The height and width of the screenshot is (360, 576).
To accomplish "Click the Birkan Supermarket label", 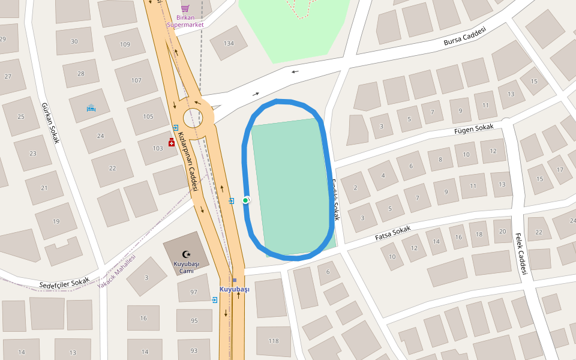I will coord(185,21).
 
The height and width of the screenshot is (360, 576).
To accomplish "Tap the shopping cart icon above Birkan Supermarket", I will coord(185,8).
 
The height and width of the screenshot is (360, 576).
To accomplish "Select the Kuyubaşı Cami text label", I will coord(186,267).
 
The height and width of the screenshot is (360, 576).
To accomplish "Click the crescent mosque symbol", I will coord(186,254).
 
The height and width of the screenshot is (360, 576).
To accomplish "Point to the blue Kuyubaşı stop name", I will coord(234,289).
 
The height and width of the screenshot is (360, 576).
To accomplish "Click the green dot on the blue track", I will coord(245,200).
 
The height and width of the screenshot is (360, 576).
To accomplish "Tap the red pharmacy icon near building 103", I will coord(172,142).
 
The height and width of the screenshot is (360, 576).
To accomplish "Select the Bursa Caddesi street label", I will coord(464,37).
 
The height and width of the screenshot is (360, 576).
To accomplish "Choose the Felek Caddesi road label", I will coord(520,254).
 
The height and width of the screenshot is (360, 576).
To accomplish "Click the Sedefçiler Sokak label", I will coord(64,281).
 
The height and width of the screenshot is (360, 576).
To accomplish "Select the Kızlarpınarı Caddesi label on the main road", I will coord(193,169).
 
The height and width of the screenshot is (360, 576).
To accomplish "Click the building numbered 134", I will coord(229,43).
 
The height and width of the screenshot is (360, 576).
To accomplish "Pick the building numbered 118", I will coord(274,341).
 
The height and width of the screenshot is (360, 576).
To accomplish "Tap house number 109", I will coord(125,44).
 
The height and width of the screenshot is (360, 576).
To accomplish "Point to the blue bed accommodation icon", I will coord(91,108).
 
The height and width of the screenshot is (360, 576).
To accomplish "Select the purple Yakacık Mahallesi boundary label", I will coord(116,271).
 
